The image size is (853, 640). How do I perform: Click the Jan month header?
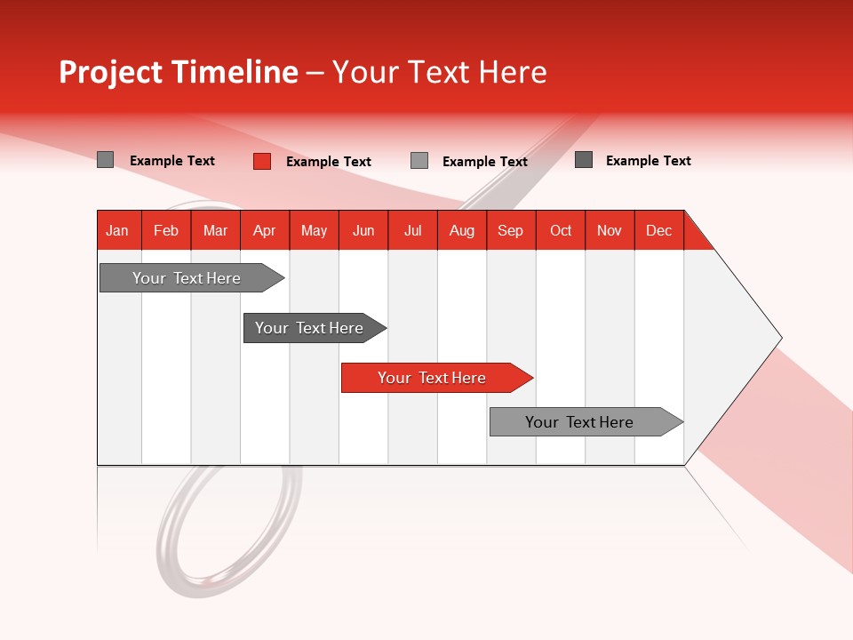click(x=118, y=230)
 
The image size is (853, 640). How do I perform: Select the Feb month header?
click(x=166, y=230)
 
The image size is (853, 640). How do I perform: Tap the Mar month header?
click(x=215, y=230)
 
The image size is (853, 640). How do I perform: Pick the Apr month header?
click(x=265, y=230)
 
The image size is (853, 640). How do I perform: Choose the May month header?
click(x=314, y=230)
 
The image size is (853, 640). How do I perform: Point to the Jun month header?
click(x=363, y=230)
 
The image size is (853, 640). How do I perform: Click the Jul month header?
click(x=412, y=230)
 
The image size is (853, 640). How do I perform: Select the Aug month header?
click(x=462, y=230)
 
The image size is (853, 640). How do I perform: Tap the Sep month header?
click(x=511, y=230)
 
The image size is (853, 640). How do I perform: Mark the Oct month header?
click(x=561, y=230)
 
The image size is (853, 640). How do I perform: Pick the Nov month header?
click(x=610, y=230)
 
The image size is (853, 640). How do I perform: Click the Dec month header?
click(x=659, y=230)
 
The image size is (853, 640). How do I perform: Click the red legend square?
click(x=262, y=161)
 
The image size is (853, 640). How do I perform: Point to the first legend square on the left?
click(x=106, y=160)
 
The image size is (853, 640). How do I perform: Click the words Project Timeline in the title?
click(x=178, y=72)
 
